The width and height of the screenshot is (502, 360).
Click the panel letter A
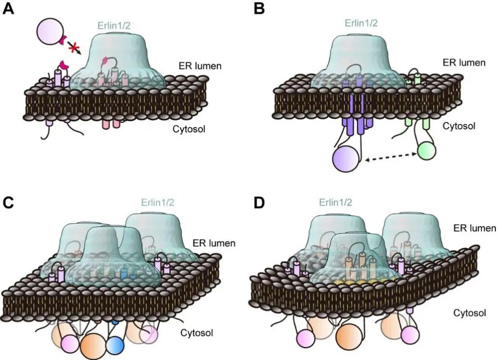click(x=9, y=10)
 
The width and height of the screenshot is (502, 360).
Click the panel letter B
click(x=259, y=10)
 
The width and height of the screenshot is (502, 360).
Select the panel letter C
click(x=9, y=202)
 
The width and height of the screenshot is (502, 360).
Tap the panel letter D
click(x=259, y=202)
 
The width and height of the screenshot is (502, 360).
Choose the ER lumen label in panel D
click(x=475, y=228)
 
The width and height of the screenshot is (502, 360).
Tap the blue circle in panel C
click(x=114, y=345)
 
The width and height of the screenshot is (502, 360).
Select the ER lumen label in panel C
click(x=214, y=243)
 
